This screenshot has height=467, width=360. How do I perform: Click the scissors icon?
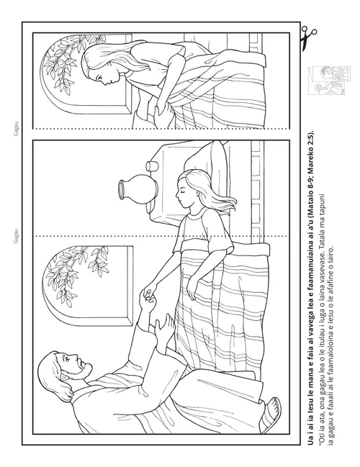[307, 38]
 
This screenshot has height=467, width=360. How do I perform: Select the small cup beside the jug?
[151, 166]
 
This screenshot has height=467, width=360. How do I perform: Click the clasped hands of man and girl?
[149, 296]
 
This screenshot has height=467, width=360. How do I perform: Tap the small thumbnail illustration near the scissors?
[329, 80]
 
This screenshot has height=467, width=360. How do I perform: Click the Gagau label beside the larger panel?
[17, 236]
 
